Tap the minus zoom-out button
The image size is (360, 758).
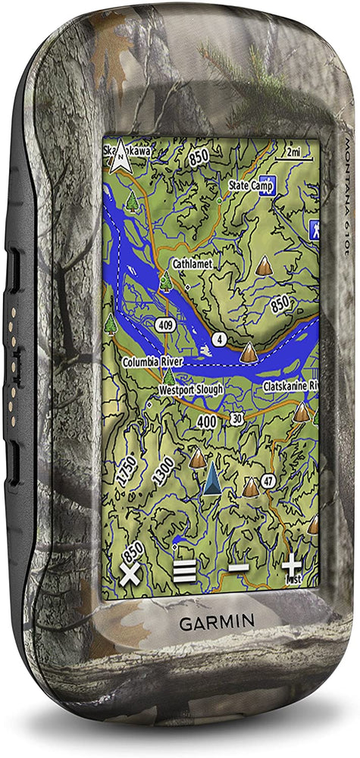[x=239, y=568]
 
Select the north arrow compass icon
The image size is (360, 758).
[x=118, y=156]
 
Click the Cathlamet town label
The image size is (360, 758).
[x=192, y=263]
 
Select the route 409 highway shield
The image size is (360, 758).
[x=164, y=324]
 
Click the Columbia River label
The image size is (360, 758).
[x=152, y=363]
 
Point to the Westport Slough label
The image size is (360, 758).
[x=190, y=389]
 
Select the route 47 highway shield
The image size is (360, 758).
[x=268, y=481]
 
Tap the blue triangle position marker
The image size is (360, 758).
[x=212, y=478]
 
